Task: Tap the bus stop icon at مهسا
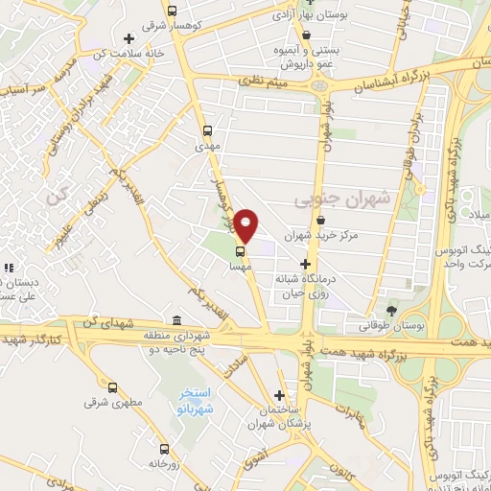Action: pyautogui.click(x=240, y=252)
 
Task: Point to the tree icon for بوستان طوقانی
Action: pyautogui.click(x=391, y=310)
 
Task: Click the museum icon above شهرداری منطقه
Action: pyautogui.click(x=175, y=321)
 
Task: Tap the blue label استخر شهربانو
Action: pyautogui.click(x=198, y=402)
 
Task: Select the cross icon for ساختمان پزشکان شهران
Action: pyautogui.click(x=279, y=395)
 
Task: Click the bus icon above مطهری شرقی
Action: pyautogui.click(x=112, y=387)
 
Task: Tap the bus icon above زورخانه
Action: pyautogui.click(x=164, y=448)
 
